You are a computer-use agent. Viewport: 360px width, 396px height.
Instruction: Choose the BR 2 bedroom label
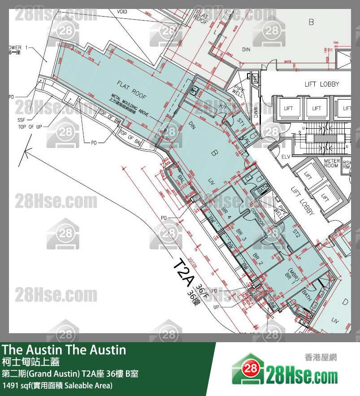(257, 259)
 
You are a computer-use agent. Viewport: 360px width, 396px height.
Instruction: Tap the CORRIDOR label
(259, 215)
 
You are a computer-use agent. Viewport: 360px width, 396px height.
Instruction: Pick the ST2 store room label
(295, 233)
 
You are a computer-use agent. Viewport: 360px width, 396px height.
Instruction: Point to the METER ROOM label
(331, 163)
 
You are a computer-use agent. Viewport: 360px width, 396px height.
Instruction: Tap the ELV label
(286, 157)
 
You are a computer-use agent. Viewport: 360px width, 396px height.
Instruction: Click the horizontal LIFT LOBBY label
(322, 84)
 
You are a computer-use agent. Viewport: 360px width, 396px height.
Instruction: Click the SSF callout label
(22, 121)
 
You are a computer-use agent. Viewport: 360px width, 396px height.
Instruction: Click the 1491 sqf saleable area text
(57, 385)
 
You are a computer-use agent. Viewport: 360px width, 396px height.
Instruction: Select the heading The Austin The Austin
(64, 350)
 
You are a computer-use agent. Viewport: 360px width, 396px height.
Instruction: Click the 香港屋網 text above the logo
(321, 357)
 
